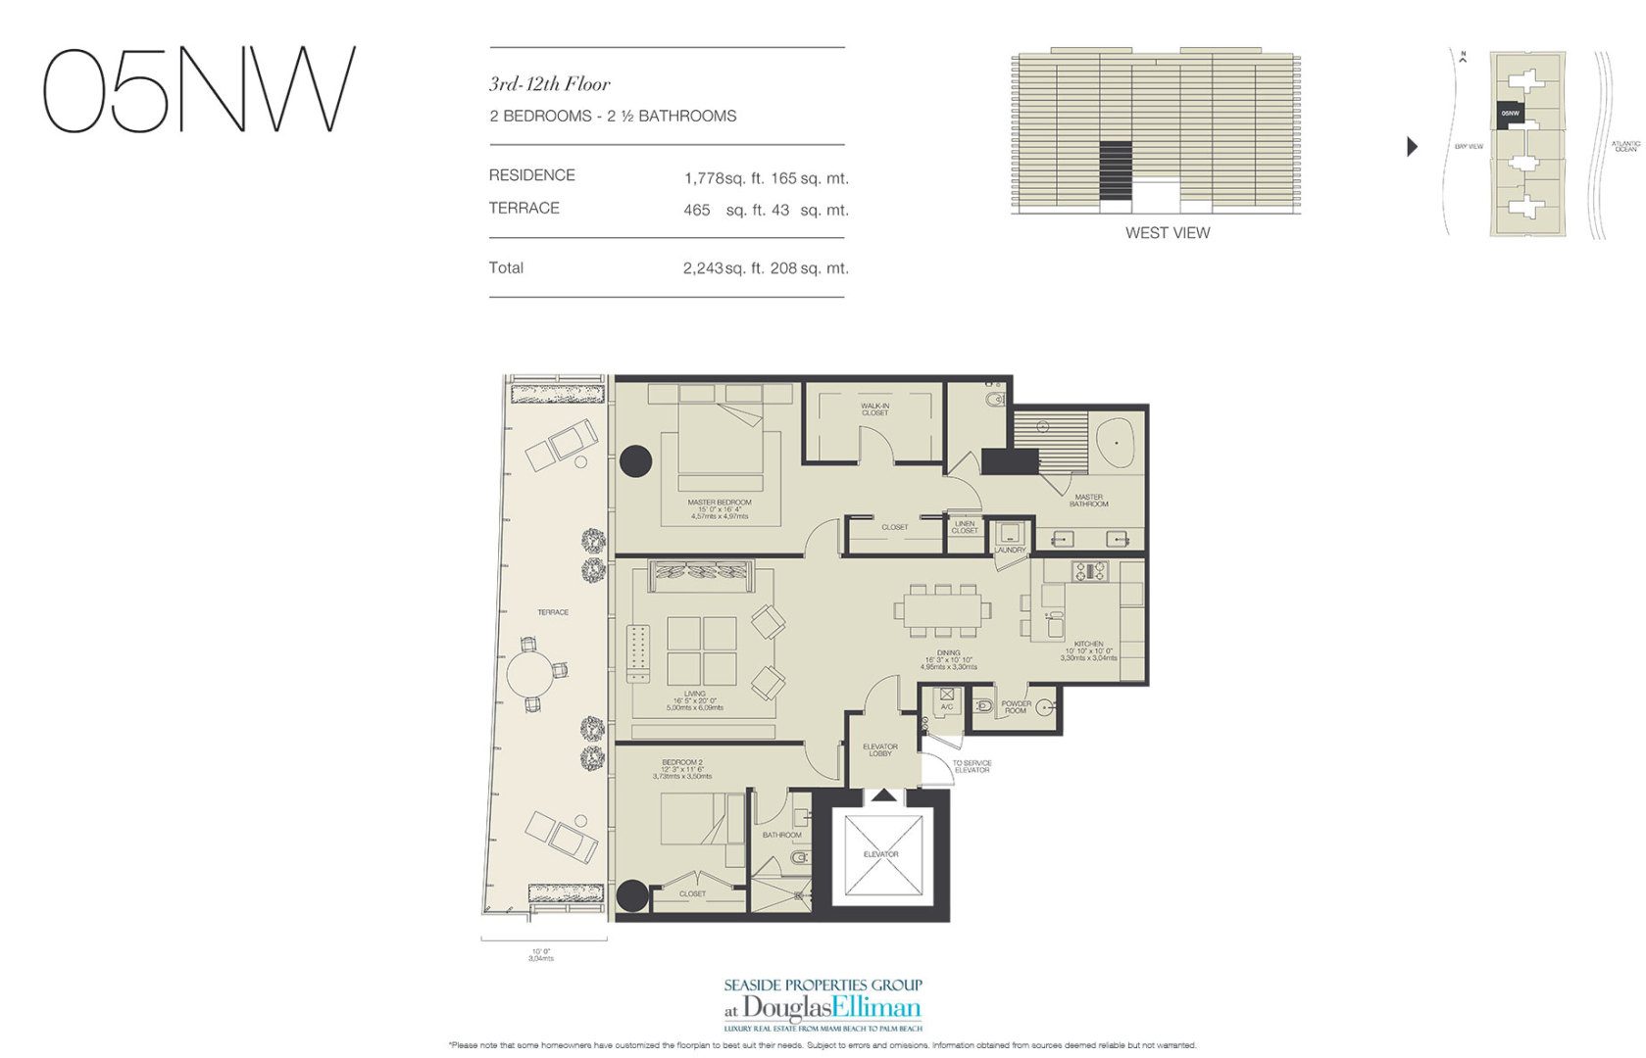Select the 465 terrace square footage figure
697,210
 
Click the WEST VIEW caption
1167,233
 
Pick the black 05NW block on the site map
1510,114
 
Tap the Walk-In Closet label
874,409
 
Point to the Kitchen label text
1088,645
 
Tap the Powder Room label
1016,706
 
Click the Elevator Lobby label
880,749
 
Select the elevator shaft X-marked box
880,853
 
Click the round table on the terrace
530,673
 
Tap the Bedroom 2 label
681,762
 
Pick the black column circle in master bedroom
635,460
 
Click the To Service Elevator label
972,766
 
